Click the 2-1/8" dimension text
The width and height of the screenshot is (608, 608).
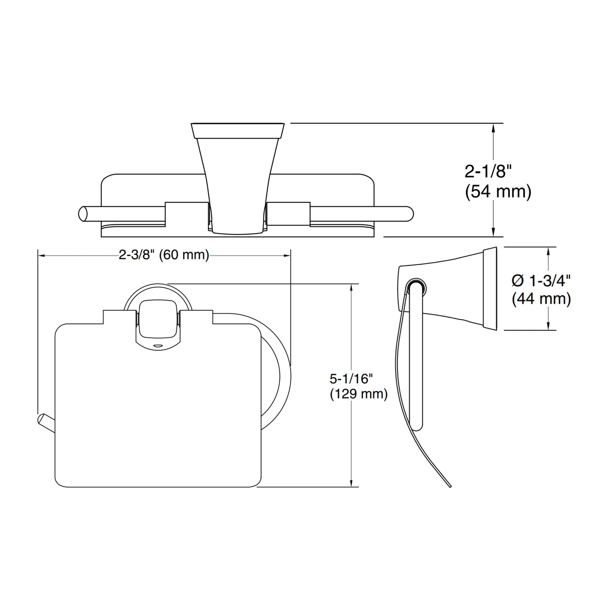tap(488, 172)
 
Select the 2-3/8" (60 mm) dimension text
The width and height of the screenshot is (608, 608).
tap(164, 255)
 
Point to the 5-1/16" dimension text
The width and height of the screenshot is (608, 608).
tap(351, 379)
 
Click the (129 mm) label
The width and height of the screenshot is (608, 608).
tap(359, 394)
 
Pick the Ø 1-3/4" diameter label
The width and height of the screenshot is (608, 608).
tap(541, 281)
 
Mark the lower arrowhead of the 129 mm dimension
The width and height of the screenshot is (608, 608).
tap(351, 482)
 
